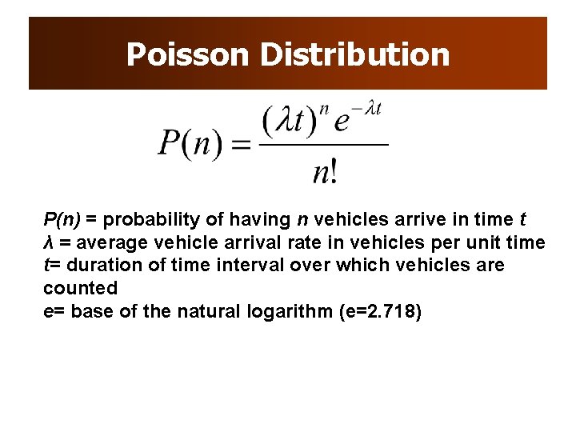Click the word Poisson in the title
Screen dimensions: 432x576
[188, 54]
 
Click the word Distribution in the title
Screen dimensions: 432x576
[354, 54]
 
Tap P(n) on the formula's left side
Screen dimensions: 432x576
[190, 145]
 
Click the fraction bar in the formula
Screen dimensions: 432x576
[324, 145]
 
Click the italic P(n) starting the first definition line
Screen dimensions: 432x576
[62, 219]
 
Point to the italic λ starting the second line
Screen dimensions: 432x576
[47, 242]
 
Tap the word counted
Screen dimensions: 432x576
[80, 288]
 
